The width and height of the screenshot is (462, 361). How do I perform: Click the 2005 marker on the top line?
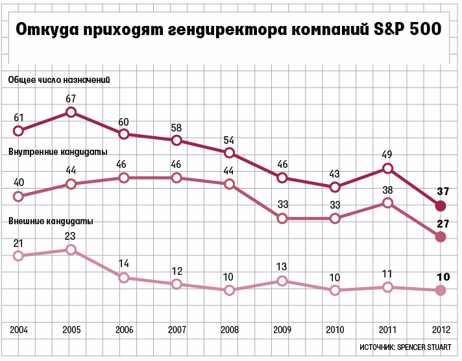click(x=71, y=112)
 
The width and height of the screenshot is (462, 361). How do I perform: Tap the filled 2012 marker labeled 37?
click(x=441, y=206)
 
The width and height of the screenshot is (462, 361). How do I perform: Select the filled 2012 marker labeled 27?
click(x=441, y=237)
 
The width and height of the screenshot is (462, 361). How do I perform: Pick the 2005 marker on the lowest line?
click(x=71, y=250)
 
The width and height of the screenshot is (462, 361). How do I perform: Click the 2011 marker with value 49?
click(x=387, y=169)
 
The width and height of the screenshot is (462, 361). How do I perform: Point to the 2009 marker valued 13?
click(x=282, y=281)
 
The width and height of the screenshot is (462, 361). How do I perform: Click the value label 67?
click(x=71, y=99)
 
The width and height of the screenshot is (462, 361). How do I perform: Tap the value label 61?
click(x=19, y=118)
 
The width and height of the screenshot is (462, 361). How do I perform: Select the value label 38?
click(x=387, y=190)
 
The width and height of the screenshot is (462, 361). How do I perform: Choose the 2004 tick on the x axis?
click(x=19, y=330)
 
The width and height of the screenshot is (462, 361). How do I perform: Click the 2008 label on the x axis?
click(x=229, y=330)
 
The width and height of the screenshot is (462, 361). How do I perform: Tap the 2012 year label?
click(x=441, y=330)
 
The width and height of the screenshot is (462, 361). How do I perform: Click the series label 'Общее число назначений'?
click(x=59, y=80)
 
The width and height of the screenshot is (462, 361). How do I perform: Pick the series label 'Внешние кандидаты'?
click(x=51, y=221)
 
